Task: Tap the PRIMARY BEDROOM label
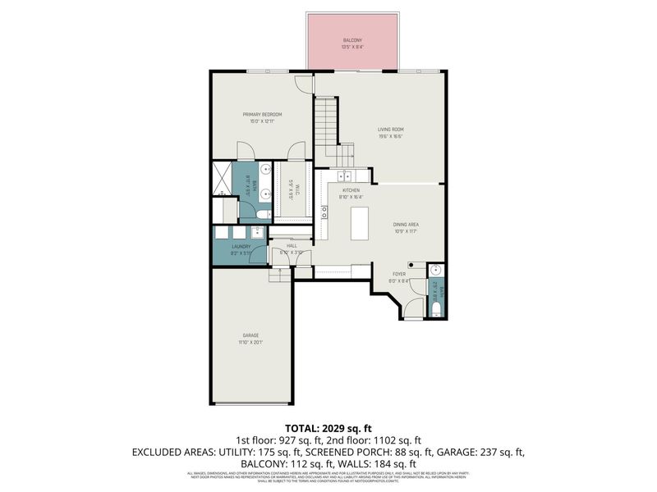(262, 114)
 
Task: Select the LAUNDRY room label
(241, 246)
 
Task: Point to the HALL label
(292, 245)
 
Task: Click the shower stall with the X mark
(221, 179)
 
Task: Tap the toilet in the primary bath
(260, 214)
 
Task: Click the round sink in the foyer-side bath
(435, 271)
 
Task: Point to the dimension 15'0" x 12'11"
(262, 121)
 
